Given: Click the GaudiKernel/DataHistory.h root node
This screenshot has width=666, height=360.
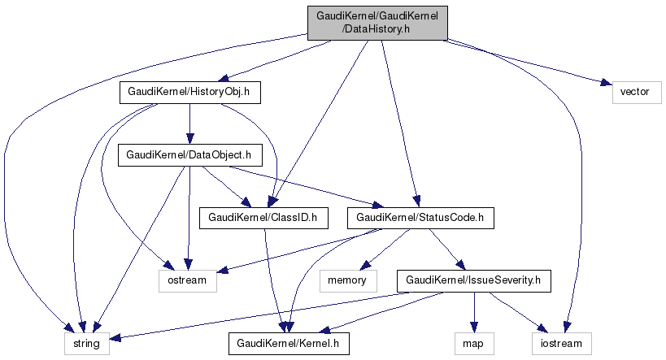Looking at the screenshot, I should click(377, 21).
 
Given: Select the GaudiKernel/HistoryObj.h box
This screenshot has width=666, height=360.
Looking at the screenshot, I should click(189, 93).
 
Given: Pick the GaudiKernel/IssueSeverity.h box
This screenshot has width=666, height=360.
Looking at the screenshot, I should click(473, 281).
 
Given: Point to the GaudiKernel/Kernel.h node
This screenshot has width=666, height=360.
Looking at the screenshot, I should click(289, 344).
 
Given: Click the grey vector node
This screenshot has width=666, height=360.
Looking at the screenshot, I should click(634, 91).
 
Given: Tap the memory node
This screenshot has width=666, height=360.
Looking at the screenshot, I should click(348, 281).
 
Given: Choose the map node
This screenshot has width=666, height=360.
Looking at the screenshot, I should click(473, 344).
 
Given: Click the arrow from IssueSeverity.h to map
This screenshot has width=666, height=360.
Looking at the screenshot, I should click(473, 313).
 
